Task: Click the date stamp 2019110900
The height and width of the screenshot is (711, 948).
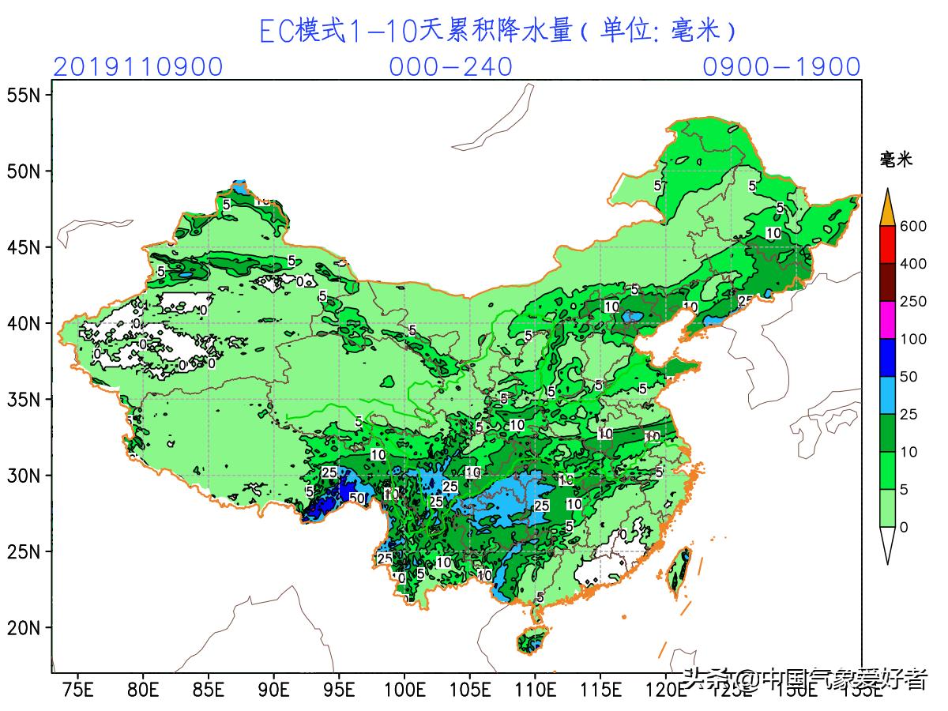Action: [138, 67]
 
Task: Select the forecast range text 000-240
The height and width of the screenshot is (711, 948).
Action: [450, 67]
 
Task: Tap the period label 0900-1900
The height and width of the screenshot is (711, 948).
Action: [781, 67]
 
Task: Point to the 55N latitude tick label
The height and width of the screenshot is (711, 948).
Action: [24, 96]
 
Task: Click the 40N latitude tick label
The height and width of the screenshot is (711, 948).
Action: [24, 324]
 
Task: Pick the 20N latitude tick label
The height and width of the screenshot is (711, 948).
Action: [24, 628]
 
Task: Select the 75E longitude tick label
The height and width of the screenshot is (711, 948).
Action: [77, 690]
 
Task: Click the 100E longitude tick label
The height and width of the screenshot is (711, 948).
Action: [404, 690]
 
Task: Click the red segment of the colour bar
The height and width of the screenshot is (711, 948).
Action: [888, 245]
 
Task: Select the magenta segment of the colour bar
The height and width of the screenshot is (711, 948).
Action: [888, 320]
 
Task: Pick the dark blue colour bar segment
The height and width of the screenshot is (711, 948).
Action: [888, 357]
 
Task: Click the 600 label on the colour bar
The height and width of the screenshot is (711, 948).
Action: [913, 227]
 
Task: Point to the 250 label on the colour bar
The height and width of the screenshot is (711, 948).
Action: [913, 302]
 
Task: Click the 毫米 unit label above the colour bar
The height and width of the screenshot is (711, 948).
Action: [896, 160]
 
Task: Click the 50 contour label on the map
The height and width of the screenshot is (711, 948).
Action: [356, 498]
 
